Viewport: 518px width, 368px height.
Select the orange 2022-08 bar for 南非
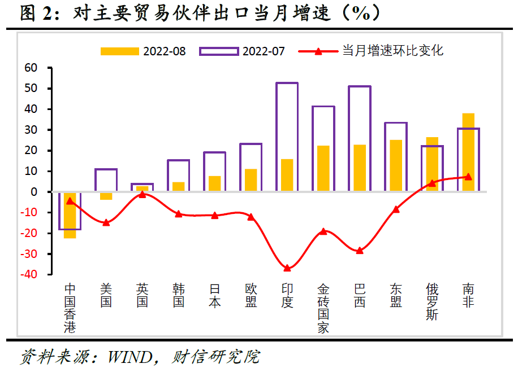click(468, 152)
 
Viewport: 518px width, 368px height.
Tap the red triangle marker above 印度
click(287, 268)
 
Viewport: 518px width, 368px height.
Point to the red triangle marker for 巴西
click(360, 250)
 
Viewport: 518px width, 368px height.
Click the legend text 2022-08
click(164, 51)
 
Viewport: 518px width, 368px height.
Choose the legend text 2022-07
click(264, 51)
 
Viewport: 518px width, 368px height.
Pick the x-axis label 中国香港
click(70, 308)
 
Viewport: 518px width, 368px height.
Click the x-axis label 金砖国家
click(323, 308)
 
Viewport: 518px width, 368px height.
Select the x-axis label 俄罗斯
click(432, 301)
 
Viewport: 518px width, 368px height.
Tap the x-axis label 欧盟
click(251, 295)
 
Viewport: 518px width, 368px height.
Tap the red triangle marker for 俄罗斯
click(432, 183)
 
